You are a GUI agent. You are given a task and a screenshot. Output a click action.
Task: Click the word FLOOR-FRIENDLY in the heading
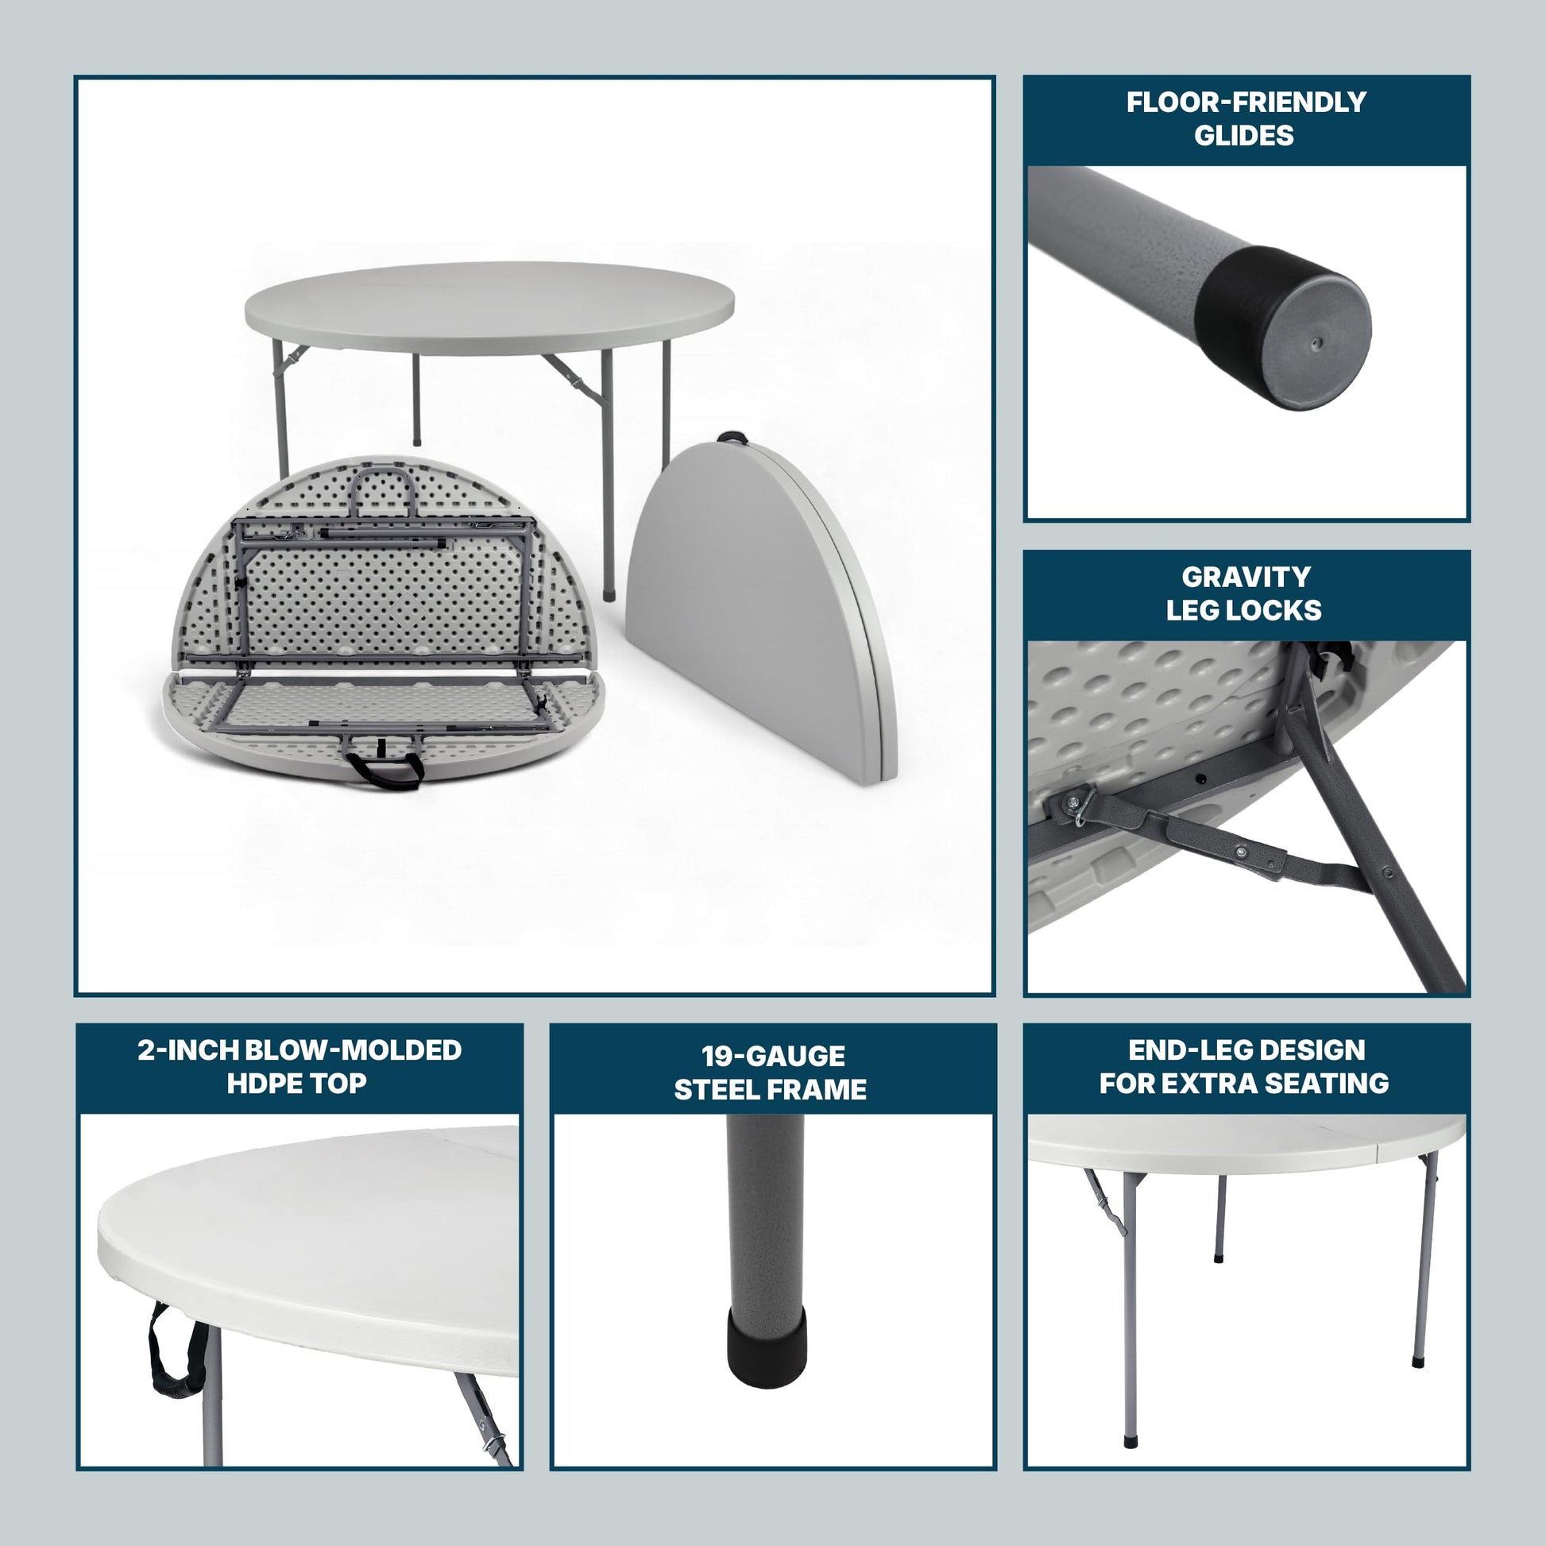1246,102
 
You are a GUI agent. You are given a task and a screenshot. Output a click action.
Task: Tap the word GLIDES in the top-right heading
1243,136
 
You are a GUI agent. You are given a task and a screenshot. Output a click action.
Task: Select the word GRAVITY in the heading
1246,577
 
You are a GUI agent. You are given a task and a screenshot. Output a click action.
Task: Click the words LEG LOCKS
1243,611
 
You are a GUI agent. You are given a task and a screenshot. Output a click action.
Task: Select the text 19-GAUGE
773,1057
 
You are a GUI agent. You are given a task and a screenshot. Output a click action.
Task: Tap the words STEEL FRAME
770,1090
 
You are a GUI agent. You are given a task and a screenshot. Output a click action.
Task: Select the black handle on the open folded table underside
382,769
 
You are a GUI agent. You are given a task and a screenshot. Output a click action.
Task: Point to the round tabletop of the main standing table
489,308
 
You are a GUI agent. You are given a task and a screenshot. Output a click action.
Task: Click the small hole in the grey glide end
1316,344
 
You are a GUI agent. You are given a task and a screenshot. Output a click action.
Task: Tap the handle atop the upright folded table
732,438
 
